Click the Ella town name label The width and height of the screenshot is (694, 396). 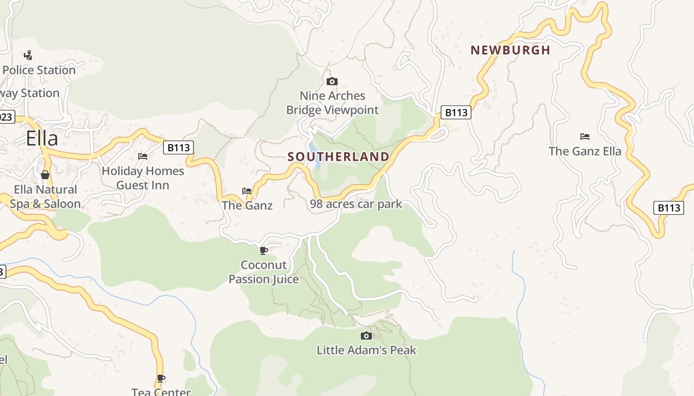pos(42,138)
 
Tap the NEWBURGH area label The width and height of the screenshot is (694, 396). pos(510,50)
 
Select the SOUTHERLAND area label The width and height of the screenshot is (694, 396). pos(339,157)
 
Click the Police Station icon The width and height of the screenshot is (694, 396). pos(28,55)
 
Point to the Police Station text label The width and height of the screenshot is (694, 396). pos(39,70)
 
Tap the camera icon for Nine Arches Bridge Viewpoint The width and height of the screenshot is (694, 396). pos(332,81)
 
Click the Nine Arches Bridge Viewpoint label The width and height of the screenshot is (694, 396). pos(332,103)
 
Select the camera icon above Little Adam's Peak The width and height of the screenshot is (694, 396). pos(366,336)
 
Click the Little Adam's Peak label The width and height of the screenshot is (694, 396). pos(366,350)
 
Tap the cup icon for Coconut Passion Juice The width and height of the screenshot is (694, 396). pos(264,250)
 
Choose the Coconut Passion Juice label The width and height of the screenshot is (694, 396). pos(264,272)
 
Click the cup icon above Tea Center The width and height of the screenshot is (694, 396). pos(161,379)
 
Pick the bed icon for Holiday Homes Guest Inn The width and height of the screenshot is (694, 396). pos(143,156)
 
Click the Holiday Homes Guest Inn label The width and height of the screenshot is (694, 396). pos(143,178)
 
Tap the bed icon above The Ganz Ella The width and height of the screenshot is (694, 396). pos(585,136)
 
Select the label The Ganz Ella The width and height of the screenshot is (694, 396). pos(585,151)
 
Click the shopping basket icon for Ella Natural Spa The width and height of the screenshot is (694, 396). pos(45,175)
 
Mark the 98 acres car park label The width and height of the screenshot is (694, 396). pos(356,204)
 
